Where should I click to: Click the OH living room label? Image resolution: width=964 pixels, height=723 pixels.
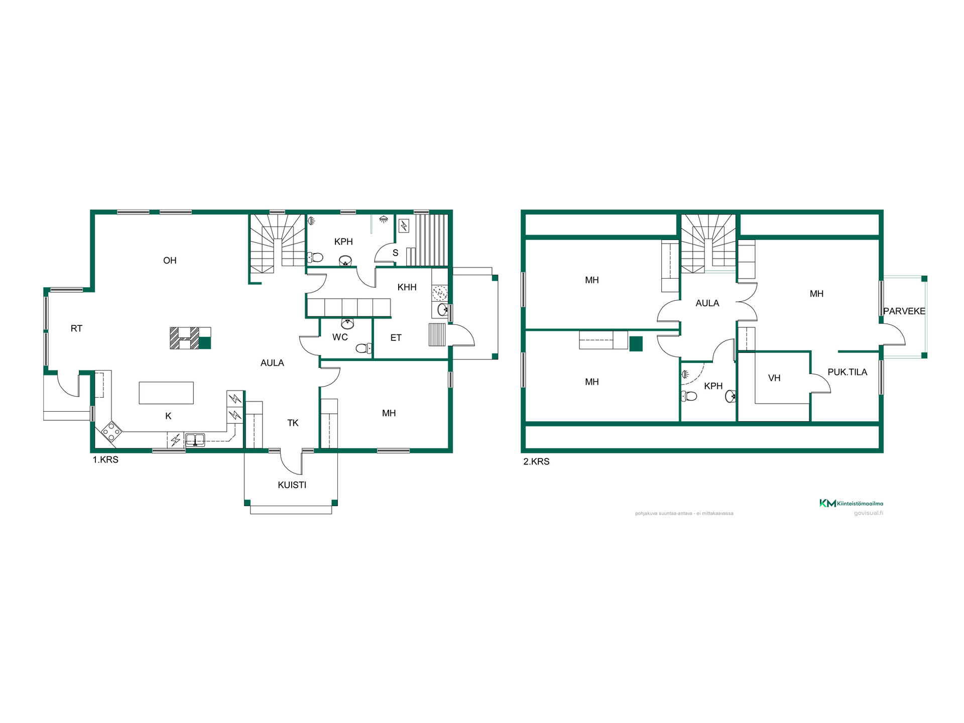170,260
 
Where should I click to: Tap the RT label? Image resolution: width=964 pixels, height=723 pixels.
76,328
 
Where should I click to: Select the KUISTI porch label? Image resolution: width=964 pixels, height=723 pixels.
292,485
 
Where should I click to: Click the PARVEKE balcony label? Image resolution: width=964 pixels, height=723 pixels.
904,311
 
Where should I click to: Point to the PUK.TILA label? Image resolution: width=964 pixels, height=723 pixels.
848,372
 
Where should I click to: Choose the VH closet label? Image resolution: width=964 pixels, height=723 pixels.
774,378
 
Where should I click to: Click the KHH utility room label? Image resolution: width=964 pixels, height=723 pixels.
407,287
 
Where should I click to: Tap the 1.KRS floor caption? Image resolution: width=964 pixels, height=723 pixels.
105,459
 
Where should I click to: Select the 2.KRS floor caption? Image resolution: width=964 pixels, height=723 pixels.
536,461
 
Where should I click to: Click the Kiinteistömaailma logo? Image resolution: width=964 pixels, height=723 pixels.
851,503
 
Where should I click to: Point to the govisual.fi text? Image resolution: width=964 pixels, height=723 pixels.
869,513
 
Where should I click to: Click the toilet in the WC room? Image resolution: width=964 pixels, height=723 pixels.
364,348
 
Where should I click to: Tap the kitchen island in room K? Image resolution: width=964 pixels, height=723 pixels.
166,393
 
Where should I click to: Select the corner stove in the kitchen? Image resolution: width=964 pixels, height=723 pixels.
111,431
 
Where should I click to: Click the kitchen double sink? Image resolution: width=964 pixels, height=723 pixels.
195,440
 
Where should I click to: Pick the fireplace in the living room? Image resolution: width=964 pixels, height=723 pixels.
190,338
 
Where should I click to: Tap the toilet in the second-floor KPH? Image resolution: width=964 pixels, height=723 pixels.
689,396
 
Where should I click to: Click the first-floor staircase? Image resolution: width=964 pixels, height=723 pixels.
278,243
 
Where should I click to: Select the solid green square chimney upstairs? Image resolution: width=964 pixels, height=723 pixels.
636,343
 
